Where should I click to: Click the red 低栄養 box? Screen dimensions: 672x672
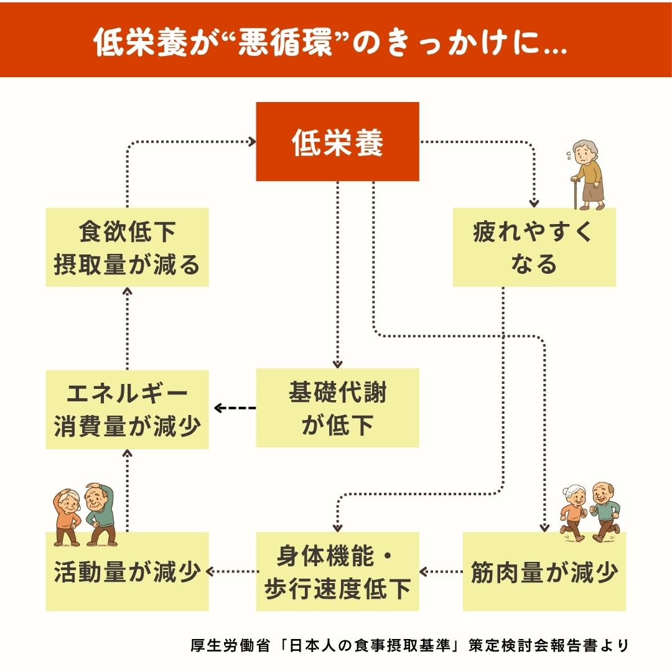click(337, 142)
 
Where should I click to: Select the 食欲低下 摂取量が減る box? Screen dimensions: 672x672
click(127, 248)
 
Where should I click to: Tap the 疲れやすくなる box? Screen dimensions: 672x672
click(534, 248)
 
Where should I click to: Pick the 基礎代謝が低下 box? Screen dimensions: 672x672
click(337, 408)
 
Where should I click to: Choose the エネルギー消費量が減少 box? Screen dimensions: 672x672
click(127, 409)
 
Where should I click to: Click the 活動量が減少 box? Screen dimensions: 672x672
click(127, 571)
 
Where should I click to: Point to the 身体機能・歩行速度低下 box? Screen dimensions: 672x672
click(337, 571)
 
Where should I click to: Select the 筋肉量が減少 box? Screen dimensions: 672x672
click(544, 571)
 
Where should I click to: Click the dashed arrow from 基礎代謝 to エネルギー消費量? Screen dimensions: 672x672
click(235, 409)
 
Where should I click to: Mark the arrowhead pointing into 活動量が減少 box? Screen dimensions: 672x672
click(212, 571)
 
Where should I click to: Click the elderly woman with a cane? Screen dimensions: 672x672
click(589, 174)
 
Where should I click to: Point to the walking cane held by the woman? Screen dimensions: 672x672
click(576, 193)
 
